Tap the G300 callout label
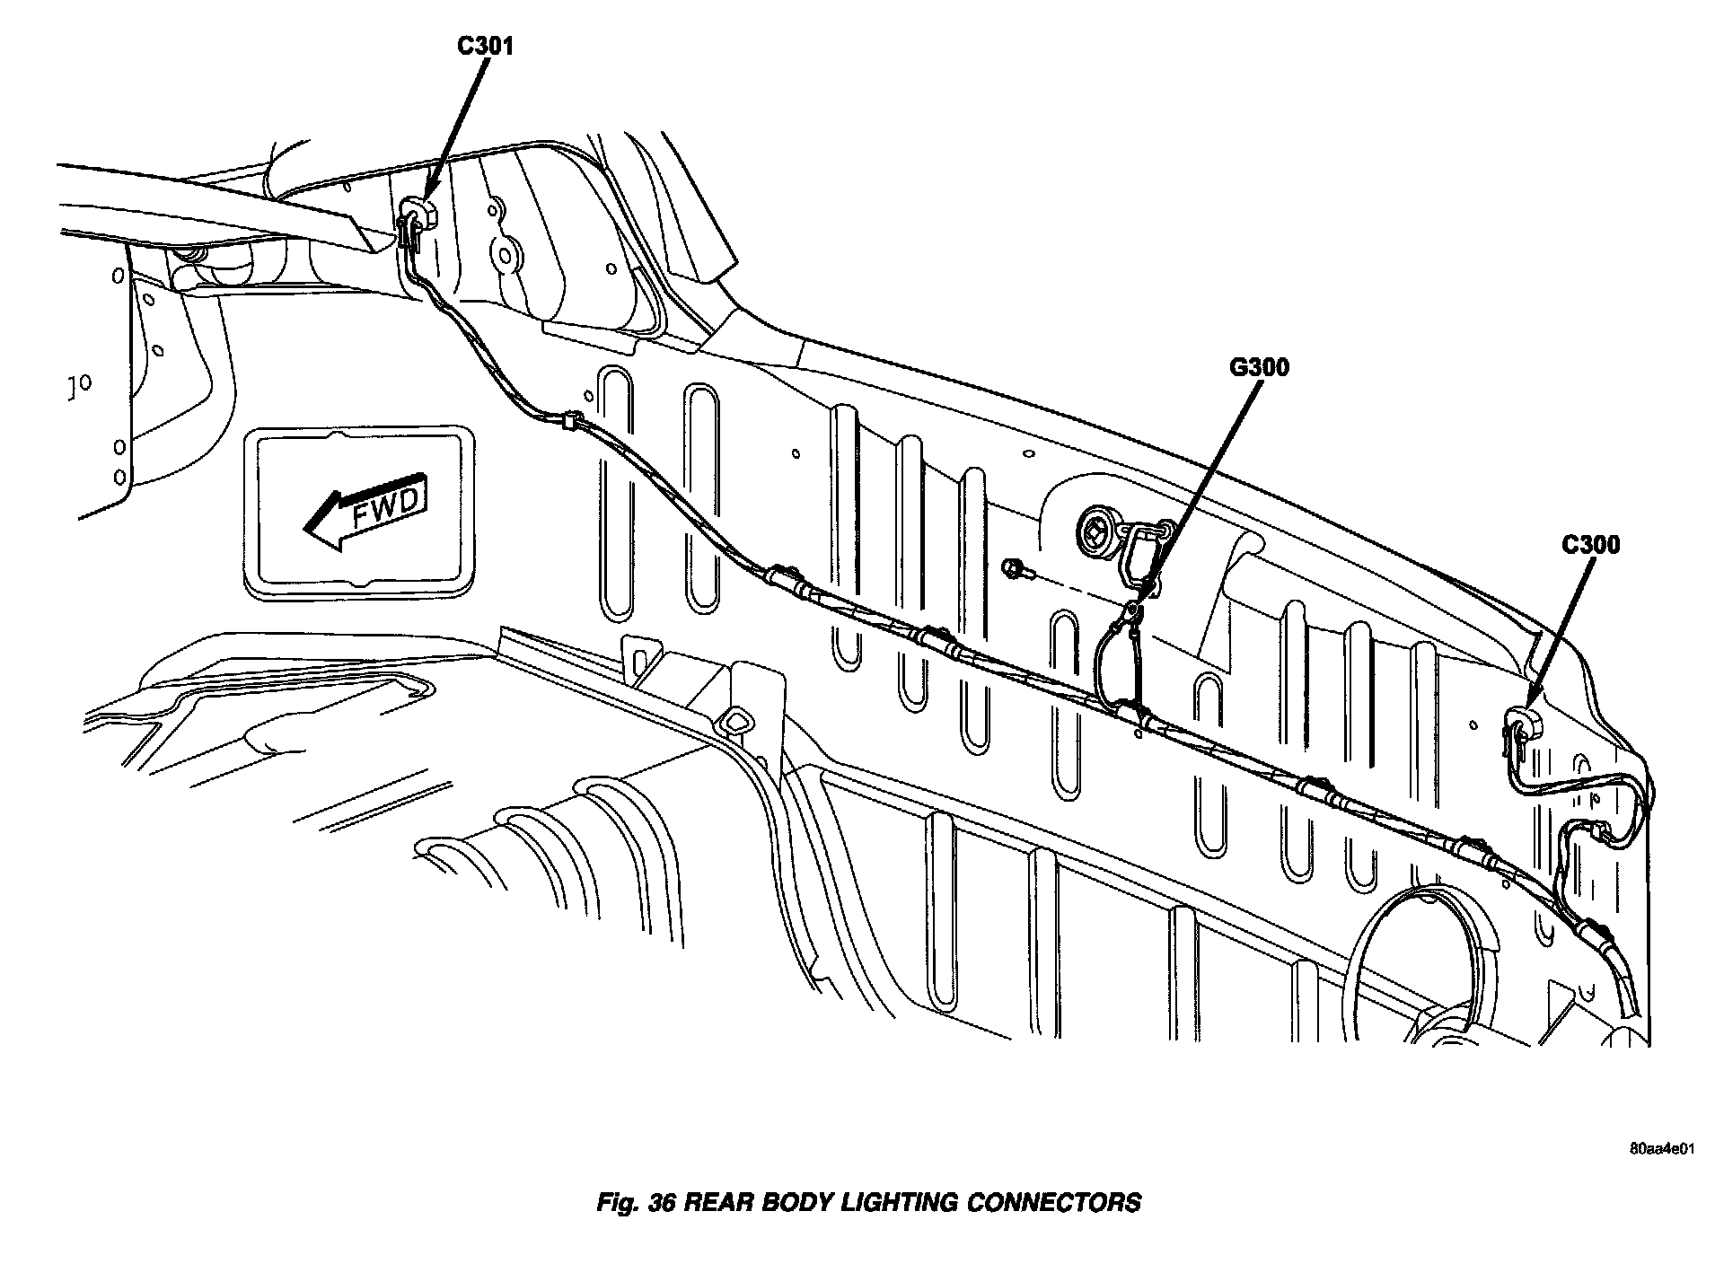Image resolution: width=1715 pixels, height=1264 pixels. pyautogui.click(x=1258, y=367)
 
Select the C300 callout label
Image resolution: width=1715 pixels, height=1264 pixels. pyautogui.click(x=1589, y=545)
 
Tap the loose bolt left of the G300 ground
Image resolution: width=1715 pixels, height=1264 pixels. pyautogui.click(x=1018, y=567)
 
